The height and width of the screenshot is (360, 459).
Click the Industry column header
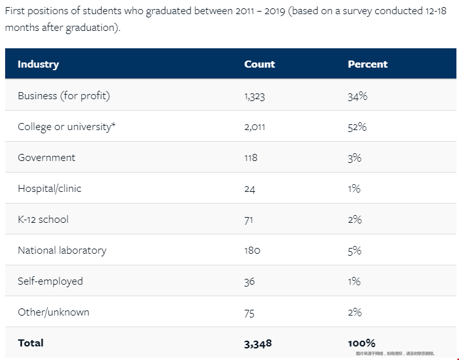(38, 64)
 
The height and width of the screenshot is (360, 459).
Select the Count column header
(259, 64)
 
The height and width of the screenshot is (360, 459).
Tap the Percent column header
(368, 64)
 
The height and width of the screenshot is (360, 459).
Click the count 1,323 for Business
(255, 96)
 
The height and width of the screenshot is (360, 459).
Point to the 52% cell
(357, 127)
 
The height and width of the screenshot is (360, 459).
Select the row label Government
(46, 158)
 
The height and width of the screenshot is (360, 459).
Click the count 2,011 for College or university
(255, 127)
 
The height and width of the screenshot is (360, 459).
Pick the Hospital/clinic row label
(50, 189)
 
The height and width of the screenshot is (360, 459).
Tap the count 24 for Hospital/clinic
(250, 189)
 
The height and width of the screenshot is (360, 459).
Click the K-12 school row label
(43, 220)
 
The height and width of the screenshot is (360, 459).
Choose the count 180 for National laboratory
(252, 251)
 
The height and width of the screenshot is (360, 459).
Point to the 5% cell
(355, 251)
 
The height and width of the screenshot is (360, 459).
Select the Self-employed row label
(50, 281)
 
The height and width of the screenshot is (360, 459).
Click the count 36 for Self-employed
(250, 281)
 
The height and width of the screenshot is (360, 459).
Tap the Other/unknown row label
(53, 312)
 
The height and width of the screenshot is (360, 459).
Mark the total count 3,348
(258, 343)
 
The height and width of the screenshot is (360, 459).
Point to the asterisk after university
(114, 125)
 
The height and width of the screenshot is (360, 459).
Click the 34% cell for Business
(357, 96)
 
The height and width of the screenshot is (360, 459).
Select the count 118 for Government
(250, 158)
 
